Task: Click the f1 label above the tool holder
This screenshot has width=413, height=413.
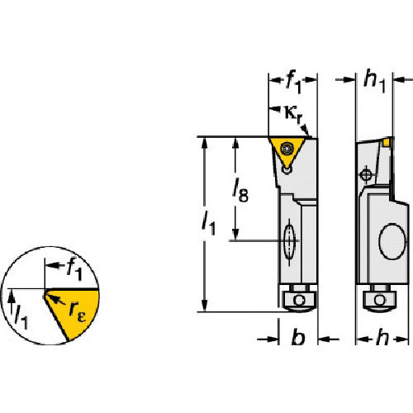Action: [293, 82]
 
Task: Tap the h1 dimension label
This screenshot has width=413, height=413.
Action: [374, 82]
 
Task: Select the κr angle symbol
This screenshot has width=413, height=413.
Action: [293, 114]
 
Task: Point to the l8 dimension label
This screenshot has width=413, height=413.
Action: [240, 191]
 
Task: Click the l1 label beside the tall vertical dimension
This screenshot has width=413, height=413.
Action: [208, 224]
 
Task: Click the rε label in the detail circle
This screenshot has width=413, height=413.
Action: [78, 311]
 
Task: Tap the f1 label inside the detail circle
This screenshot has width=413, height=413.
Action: [74, 269]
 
